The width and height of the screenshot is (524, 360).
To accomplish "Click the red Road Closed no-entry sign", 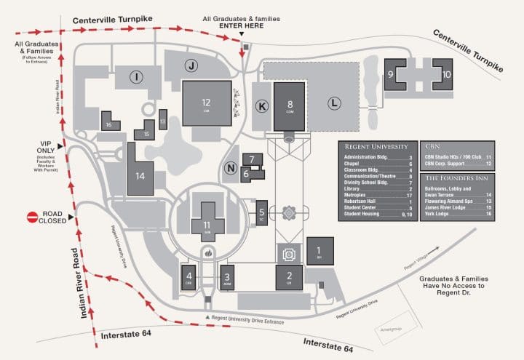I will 33,217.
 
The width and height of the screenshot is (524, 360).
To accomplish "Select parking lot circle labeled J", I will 191,66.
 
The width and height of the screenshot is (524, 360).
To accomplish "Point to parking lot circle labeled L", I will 334,103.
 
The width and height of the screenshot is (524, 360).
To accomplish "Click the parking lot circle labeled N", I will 230,169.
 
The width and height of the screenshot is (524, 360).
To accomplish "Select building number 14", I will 140,174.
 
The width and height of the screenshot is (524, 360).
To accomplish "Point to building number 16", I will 109,123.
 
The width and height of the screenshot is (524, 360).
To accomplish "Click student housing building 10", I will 446,75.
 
